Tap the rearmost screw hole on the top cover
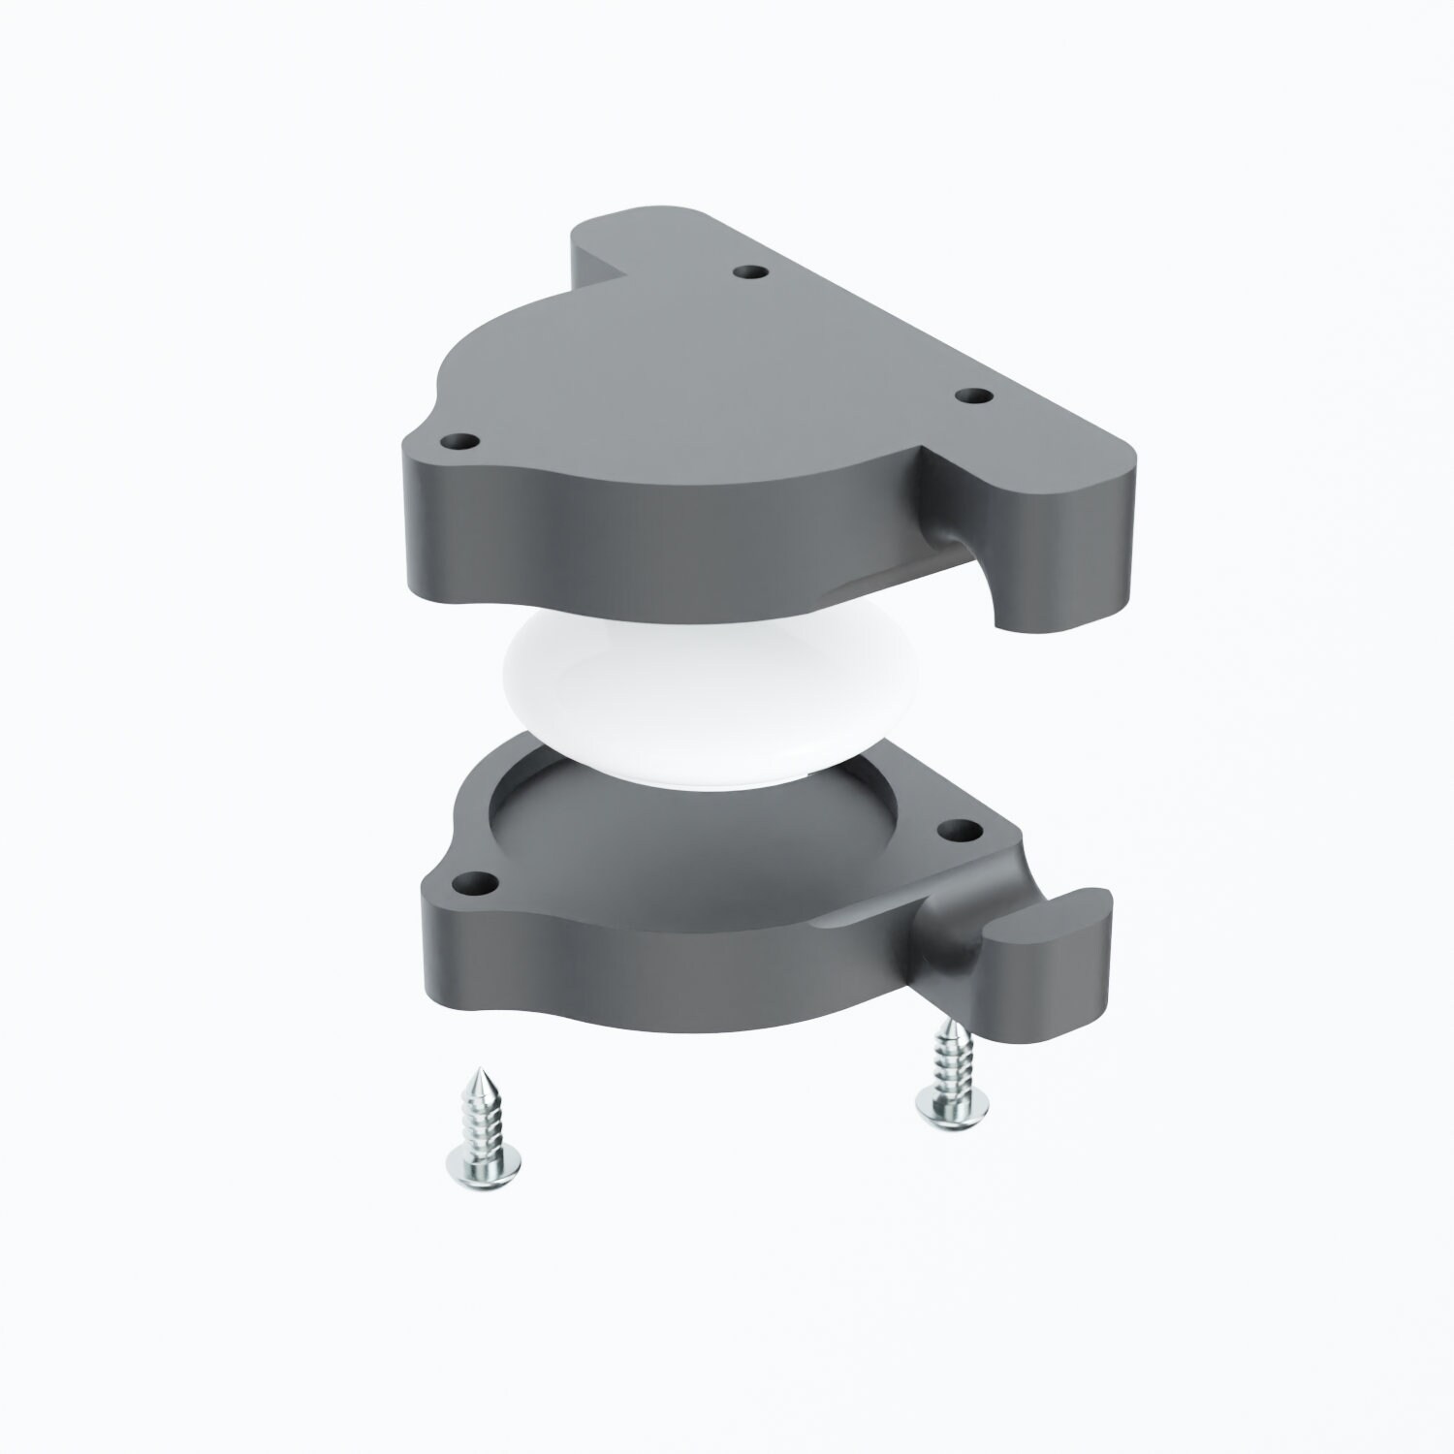[747, 272]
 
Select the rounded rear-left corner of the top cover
[596, 233]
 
